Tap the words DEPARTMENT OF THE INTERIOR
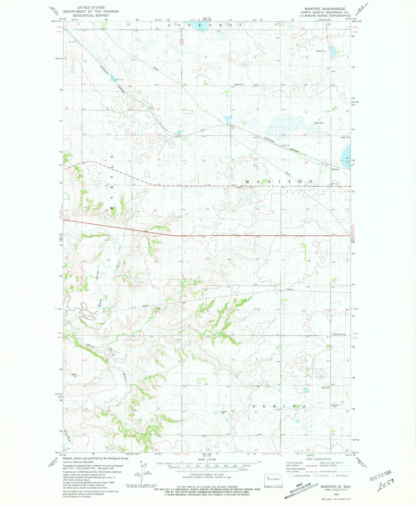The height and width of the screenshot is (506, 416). click(x=91, y=12)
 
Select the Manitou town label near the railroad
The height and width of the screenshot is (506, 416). click(x=335, y=169)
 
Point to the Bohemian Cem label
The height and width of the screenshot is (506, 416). click(x=339, y=334)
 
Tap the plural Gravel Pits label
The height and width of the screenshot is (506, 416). click(x=319, y=123)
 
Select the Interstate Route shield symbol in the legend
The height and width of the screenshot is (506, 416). click(x=291, y=476)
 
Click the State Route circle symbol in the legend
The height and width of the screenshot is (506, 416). click(x=333, y=476)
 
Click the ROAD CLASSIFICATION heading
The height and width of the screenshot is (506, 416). click(x=319, y=459)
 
